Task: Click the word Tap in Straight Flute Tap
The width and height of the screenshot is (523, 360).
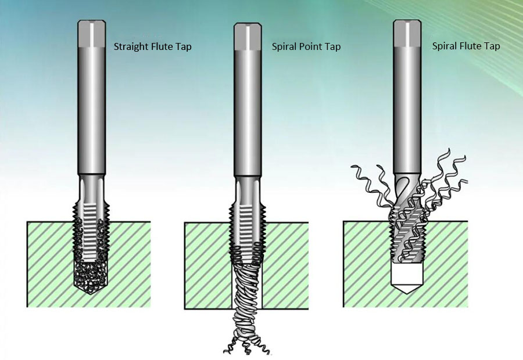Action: (x=184, y=46)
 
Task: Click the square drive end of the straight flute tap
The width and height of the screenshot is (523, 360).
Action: (x=92, y=33)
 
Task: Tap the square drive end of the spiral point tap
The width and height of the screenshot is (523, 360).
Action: (x=248, y=37)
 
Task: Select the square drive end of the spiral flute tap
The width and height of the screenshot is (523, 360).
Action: (x=407, y=33)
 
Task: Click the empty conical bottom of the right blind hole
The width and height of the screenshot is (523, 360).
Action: (x=407, y=279)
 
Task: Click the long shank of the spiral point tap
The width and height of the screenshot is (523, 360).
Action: (x=248, y=113)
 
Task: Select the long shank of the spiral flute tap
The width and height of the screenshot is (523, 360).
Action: (x=407, y=110)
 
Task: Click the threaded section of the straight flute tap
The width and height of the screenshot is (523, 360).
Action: (x=91, y=230)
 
